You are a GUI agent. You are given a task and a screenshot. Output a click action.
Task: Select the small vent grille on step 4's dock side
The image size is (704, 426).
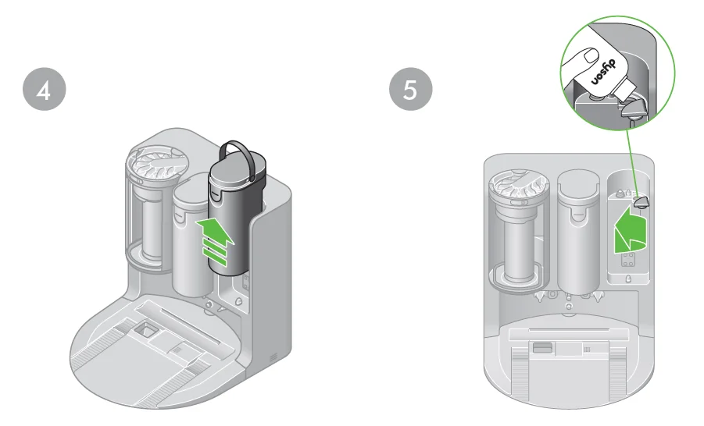(x=273, y=356)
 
